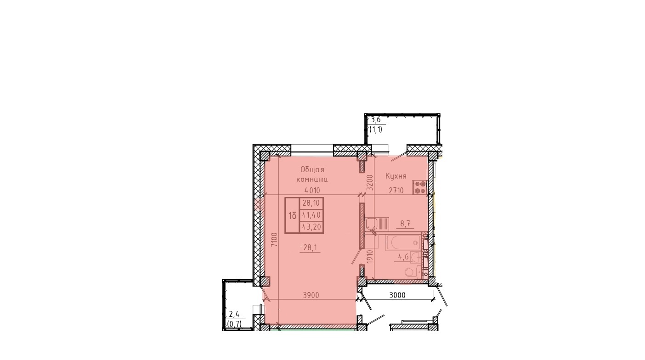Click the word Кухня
[396, 176]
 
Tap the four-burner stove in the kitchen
[420, 187]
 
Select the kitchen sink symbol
[377, 224]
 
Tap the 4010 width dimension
[312, 191]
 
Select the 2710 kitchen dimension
[396, 191]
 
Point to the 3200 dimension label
[370, 182]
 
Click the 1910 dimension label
[370, 257]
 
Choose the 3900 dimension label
[311, 296]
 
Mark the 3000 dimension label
[397, 296]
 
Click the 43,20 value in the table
[311, 227]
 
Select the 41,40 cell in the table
[311, 215]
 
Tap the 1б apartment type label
[292, 215]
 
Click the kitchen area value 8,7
[405, 224]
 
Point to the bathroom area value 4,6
[403, 257]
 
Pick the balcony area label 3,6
[376, 120]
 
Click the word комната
[312, 180]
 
